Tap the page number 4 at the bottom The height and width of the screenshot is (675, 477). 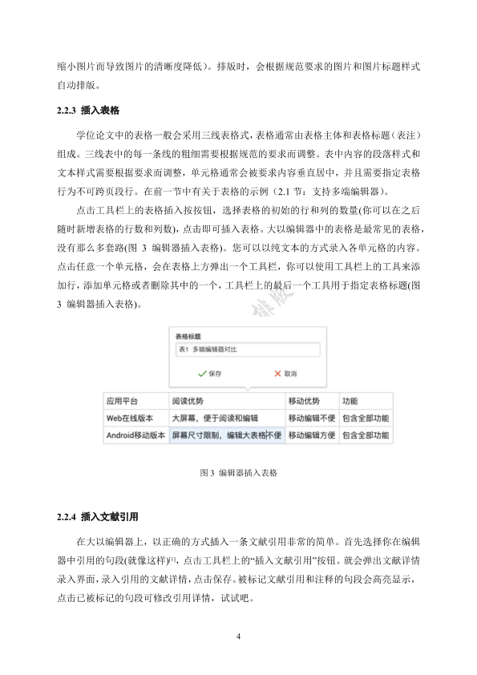(x=239, y=637)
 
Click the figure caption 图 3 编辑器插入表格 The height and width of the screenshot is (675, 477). (x=238, y=473)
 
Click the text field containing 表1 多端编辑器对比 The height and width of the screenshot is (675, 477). (x=246, y=350)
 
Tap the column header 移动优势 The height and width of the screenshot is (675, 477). (x=304, y=401)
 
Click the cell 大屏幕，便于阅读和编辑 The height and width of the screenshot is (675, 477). (x=215, y=418)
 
